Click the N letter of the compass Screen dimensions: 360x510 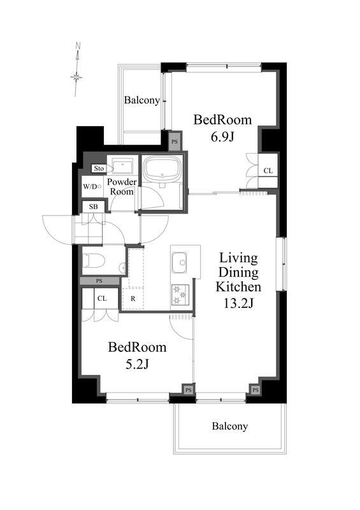(78, 45)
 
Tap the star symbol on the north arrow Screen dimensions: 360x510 (76, 77)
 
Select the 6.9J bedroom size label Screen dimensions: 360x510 (222, 137)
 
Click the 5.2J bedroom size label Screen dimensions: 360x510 (137, 365)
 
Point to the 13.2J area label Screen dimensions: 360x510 (238, 303)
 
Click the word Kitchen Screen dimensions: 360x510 (238, 286)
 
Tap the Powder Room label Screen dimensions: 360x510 (122, 186)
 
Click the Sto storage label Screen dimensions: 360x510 (99, 168)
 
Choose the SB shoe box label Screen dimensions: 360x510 (93, 207)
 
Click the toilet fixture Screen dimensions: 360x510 (94, 261)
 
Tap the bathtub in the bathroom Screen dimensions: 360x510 (162, 168)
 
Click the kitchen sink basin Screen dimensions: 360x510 (179, 262)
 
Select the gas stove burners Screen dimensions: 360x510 (180, 295)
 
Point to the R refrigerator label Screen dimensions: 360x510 (133, 298)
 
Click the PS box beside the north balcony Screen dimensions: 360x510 (175, 142)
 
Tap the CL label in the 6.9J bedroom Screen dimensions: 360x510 (268, 170)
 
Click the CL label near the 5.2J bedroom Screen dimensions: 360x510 (102, 298)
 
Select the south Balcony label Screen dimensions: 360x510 (229, 426)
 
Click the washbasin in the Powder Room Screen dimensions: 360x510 (122, 166)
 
